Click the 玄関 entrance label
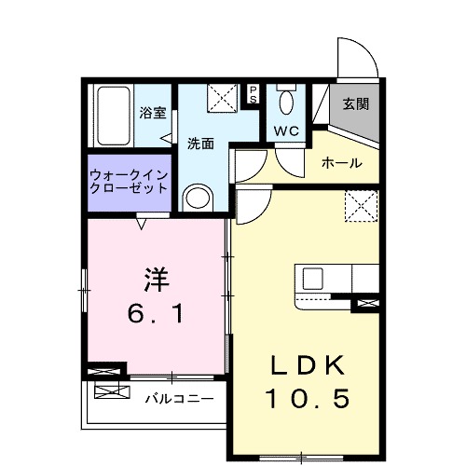[354, 104]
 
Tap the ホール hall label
[341, 163]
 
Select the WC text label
[285, 131]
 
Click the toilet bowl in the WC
[286, 100]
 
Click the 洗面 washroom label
[200, 144]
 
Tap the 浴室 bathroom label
[153, 114]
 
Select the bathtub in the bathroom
[112, 116]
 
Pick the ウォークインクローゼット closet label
[129, 180]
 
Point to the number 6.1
[157, 314]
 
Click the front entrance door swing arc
[359, 56]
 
